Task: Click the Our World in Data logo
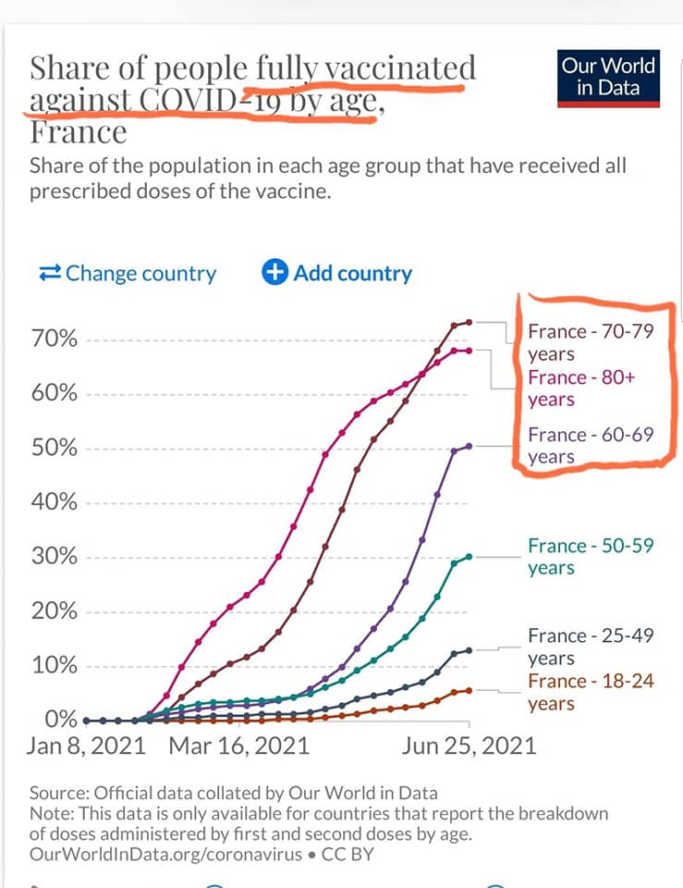click(609, 78)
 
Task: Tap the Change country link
click(128, 274)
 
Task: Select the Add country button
click(337, 274)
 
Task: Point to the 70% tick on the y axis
click(56, 339)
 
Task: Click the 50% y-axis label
click(56, 449)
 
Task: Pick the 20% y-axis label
click(56, 612)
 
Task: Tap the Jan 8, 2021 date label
click(87, 746)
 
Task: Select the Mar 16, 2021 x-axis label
click(238, 746)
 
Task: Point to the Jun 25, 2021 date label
click(468, 746)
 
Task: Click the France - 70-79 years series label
click(590, 342)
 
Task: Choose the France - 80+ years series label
click(582, 388)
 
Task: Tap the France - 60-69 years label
click(590, 446)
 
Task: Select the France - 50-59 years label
click(590, 557)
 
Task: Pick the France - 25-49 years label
click(590, 647)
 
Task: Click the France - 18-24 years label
click(590, 692)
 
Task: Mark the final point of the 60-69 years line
click(470, 446)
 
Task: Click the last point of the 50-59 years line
click(470, 557)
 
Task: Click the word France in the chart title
click(78, 132)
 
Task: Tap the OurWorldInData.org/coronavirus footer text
click(165, 854)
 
